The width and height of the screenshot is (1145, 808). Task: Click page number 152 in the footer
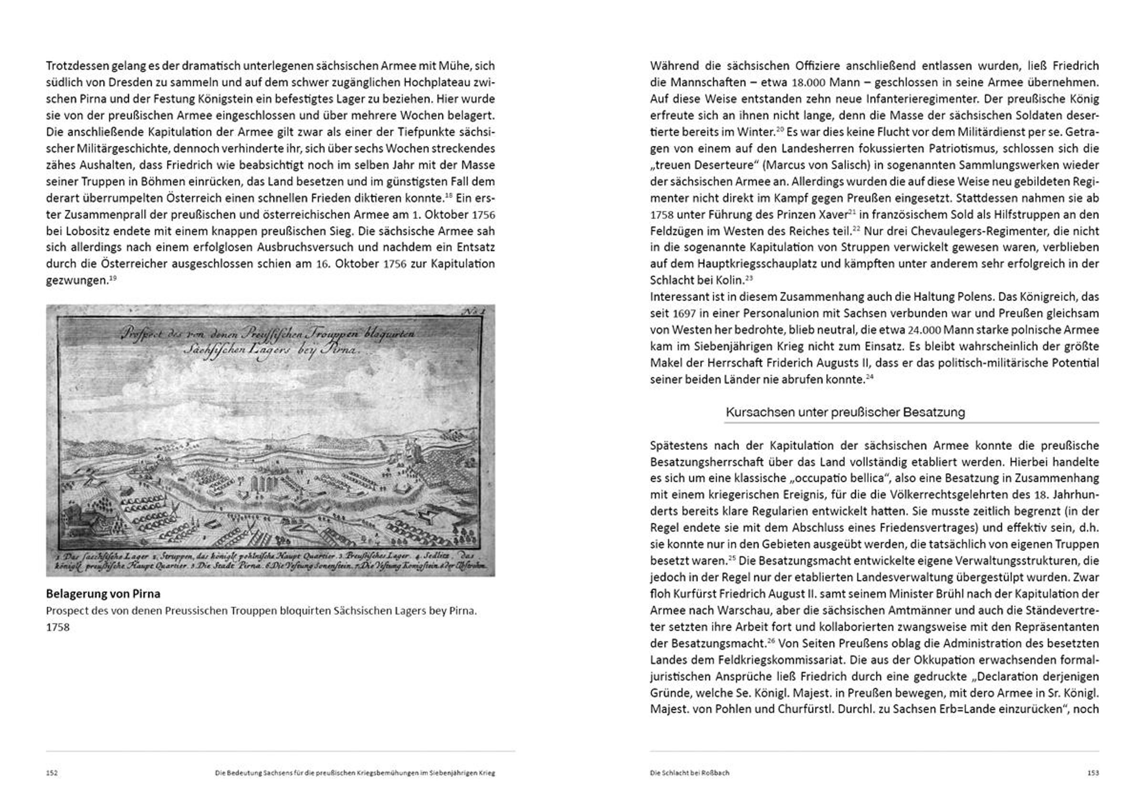(52, 773)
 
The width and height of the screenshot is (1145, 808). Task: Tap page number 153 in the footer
(1093, 773)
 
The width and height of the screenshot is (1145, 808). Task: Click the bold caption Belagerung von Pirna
(103, 594)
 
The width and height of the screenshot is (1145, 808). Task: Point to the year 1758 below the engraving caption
(58, 627)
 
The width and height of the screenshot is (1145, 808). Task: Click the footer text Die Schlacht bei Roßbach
(689, 773)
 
